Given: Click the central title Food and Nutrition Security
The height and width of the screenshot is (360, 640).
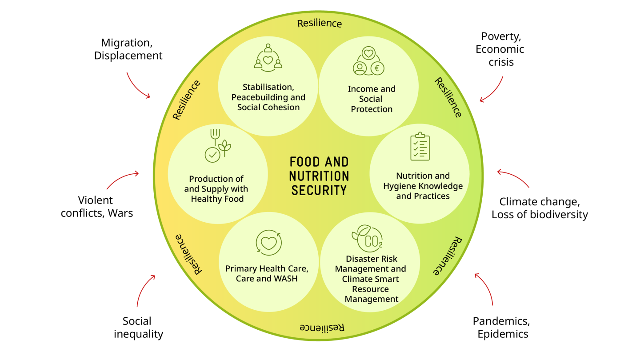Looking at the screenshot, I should pos(319,176).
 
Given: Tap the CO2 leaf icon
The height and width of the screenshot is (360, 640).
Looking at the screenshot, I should pos(367,237).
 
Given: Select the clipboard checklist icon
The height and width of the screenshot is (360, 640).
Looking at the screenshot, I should pos(420,146).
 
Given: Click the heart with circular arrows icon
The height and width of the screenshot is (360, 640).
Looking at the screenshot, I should pos(269,243).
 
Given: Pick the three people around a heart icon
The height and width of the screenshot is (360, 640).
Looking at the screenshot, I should pos(268,57).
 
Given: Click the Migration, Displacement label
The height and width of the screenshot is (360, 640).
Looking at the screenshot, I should pos(128,49).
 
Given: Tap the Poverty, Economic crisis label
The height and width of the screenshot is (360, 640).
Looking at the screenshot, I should pos(500,49).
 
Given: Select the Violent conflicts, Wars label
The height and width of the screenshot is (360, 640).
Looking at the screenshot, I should pos(97,207).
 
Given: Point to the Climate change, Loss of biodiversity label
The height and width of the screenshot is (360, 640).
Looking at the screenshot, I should pos(540,208).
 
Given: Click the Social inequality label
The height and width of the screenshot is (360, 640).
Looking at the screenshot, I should pos(138,327).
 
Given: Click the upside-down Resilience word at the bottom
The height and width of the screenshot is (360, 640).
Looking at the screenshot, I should pos(322,328).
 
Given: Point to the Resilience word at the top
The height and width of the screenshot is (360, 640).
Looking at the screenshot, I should pos(320,23).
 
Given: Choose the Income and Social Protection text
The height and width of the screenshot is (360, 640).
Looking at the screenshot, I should pos(372,99).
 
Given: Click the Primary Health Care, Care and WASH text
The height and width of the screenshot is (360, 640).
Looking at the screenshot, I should pos(266,274).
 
